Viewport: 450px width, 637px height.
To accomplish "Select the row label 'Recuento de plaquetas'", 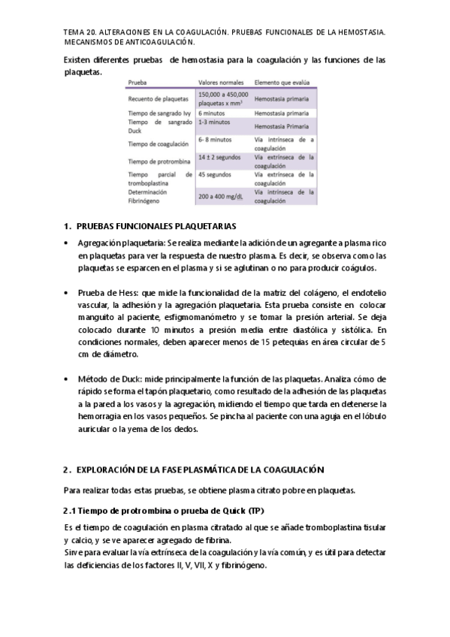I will click(159, 98).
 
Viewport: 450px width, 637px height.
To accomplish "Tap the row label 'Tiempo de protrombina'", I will click(159, 161).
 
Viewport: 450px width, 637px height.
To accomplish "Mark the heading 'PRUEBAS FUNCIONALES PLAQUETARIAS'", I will click(156, 225).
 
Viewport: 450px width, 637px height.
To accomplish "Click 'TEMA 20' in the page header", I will click(81, 33).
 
